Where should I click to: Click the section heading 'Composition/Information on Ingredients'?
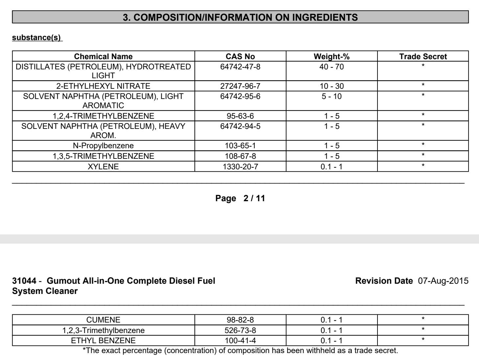pos(240,17)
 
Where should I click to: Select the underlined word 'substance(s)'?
pos(37,37)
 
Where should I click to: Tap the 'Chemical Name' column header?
pos(103,57)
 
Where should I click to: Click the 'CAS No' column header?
pos(240,57)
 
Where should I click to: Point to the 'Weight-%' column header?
pos(331,57)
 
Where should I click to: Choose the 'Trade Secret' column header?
pos(423,57)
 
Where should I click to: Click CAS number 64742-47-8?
pos(240,67)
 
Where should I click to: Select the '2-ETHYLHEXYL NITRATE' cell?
pos(103,86)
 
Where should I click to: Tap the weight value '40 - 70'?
pos(331,67)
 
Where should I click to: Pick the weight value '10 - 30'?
pos(331,86)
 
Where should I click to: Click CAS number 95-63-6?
pos(240,116)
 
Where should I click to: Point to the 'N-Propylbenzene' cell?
pos(103,146)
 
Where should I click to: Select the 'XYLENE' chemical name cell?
pos(103,167)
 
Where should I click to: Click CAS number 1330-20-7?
pos(240,167)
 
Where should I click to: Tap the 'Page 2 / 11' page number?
pos(240,198)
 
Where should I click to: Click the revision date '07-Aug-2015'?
pos(443,281)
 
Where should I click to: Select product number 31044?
pos(24,281)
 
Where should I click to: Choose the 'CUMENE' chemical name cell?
pos(103,320)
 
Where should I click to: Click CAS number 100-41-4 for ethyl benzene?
pos(240,341)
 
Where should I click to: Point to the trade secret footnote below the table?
pos(240,350)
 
